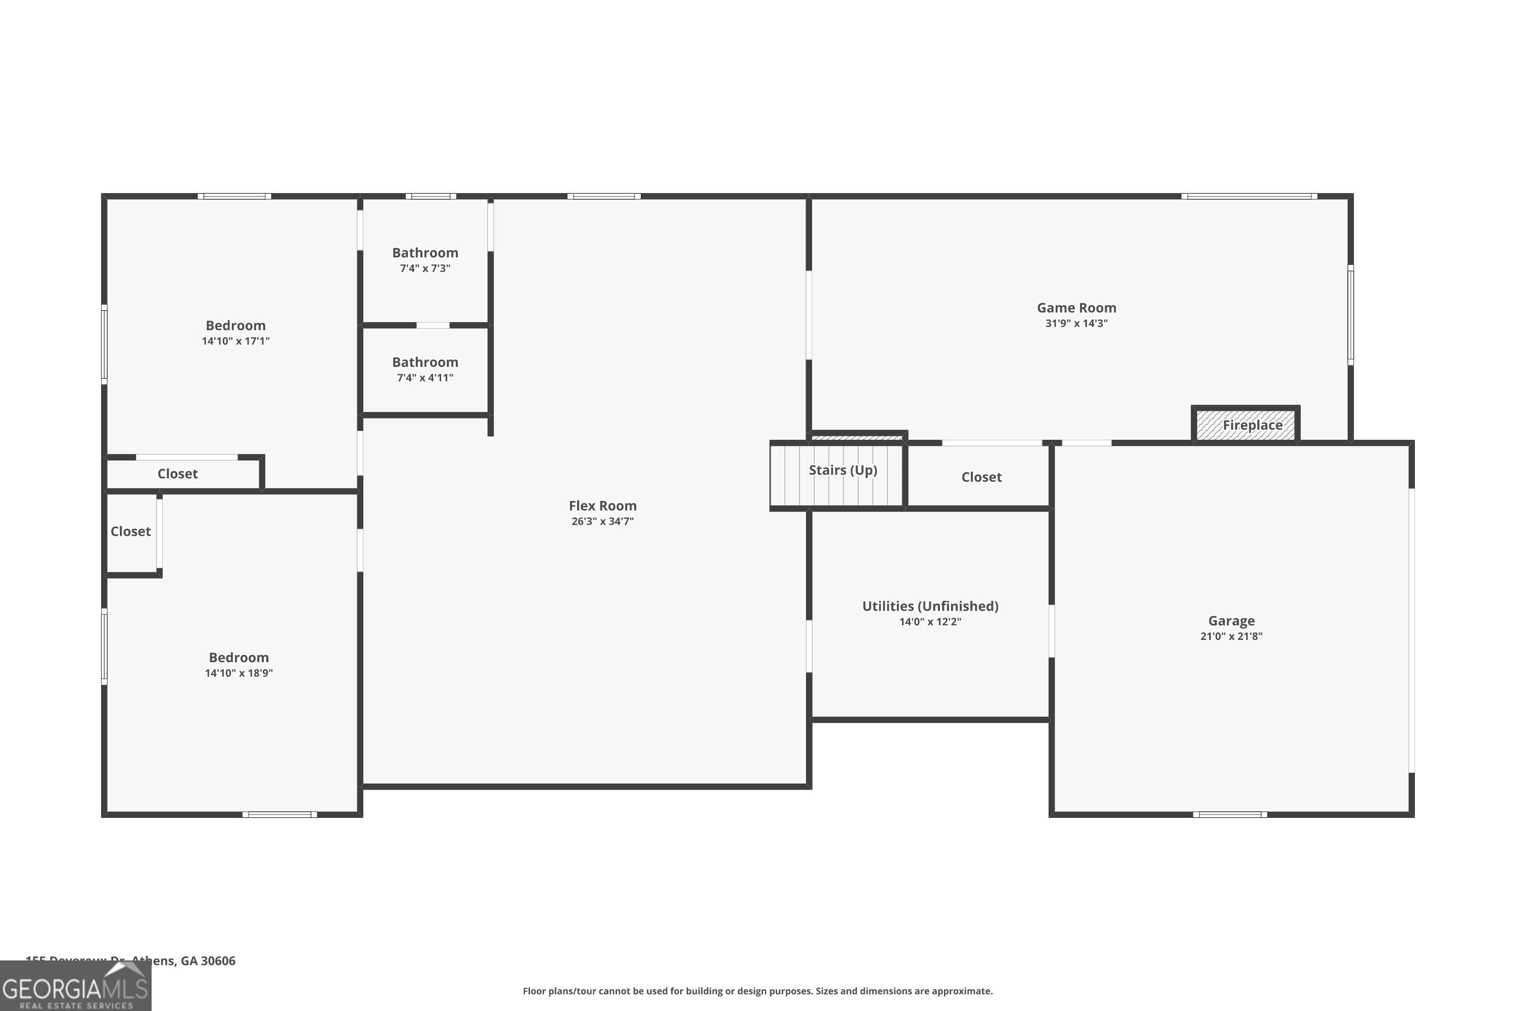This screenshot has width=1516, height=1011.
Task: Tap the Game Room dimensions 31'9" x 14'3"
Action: pos(1076,324)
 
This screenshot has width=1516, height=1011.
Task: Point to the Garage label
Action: pos(1230,621)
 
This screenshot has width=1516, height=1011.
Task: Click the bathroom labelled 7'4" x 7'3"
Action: pos(425,260)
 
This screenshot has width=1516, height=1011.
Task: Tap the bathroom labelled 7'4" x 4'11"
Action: pos(425,370)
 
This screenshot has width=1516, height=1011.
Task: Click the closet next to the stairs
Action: pos(980,477)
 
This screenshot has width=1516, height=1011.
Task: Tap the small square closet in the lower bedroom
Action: pos(131,532)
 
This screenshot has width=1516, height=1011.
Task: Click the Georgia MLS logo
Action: pos(75,987)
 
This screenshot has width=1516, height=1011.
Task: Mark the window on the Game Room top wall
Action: pos(1249,196)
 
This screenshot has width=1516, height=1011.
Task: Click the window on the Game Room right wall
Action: pos(1350,314)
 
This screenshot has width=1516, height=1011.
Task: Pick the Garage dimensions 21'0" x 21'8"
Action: pos(1230,636)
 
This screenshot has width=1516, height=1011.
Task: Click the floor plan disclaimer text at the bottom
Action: pos(757,991)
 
